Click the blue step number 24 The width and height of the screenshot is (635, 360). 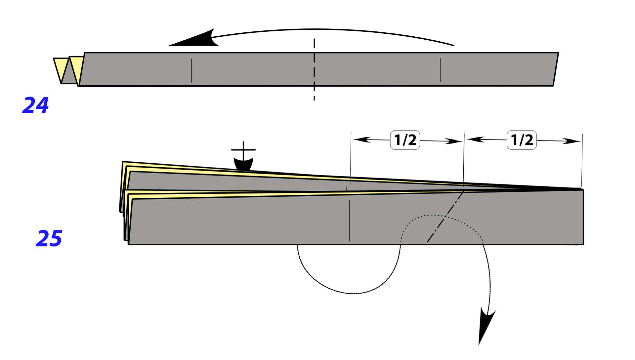click(x=36, y=105)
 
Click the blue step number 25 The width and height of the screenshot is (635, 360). click(x=49, y=238)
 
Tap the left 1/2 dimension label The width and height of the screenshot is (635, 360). click(x=405, y=140)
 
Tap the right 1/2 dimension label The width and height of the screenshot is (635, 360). click(x=522, y=140)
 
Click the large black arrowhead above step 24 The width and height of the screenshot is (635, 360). click(x=198, y=39)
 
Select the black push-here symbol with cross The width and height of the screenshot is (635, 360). click(x=243, y=157)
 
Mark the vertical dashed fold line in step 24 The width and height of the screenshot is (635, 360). click(x=314, y=69)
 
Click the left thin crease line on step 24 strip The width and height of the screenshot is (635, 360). click(x=191, y=70)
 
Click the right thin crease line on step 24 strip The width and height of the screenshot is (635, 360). click(x=440, y=70)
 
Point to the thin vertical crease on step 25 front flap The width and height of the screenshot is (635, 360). click(x=349, y=220)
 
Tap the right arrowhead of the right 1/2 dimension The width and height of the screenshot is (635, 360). click(x=572, y=141)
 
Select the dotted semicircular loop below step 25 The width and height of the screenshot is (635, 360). click(x=352, y=293)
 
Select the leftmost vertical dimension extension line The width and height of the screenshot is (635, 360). click(x=351, y=158)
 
